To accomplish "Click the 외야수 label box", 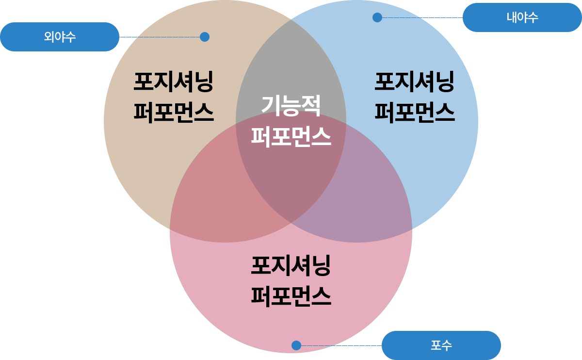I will tap(60, 37).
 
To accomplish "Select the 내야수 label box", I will tap(522, 18).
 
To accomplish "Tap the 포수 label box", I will tap(441, 345).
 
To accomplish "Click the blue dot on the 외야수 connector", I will tap(204, 37).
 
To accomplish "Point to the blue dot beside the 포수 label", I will tap(296, 345).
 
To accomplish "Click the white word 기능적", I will tap(291, 105).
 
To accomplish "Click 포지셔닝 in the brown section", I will tap(174, 81).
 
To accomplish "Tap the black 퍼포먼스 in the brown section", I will tap(174, 112).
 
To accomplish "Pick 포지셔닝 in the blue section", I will tap(415, 81).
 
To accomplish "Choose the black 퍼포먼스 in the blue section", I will tap(415, 112).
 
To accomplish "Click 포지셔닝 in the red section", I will tap(291, 266).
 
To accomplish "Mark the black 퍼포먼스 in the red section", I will tap(291, 296).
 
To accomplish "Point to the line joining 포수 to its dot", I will tap(339, 345).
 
